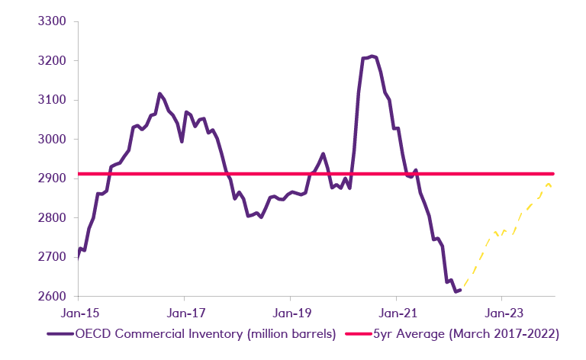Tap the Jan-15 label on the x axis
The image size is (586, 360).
point(79,313)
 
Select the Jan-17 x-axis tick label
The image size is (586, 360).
point(184,313)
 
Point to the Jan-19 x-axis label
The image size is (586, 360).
point(290,313)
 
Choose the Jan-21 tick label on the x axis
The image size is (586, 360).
point(396,313)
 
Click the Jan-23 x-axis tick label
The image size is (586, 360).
point(501,313)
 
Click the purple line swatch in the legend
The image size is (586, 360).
point(60,333)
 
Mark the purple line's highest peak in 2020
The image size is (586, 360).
point(372,56)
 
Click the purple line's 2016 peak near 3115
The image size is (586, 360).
point(159,94)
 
